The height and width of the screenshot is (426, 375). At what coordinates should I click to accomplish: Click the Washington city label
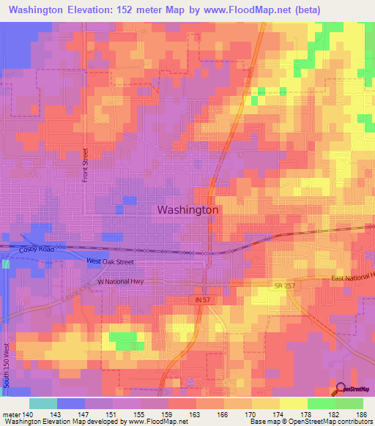188,209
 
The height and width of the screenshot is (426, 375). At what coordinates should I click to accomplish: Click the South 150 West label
7,364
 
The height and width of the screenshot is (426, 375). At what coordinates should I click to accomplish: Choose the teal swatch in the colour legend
43,403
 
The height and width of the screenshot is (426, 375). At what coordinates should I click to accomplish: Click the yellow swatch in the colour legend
293,403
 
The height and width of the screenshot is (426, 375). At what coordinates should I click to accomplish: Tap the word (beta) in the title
306,12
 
